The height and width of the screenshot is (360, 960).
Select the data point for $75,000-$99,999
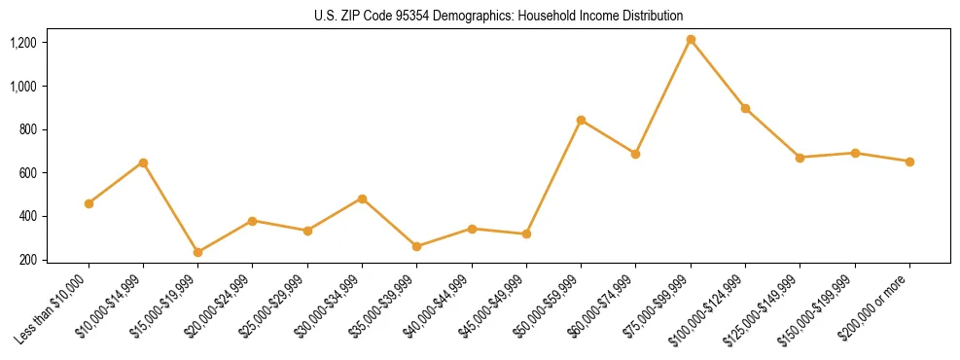pos(691,40)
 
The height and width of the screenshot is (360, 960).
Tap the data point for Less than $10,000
pos(89,203)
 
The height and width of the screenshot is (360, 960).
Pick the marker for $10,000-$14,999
pos(143,162)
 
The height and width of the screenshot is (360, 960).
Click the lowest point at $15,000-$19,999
pos(197,252)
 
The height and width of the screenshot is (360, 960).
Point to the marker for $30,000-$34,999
pos(362,198)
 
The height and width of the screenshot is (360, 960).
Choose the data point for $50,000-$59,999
pos(581,120)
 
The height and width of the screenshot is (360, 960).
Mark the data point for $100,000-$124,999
pos(745,108)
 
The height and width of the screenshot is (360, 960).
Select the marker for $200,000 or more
pos(909,162)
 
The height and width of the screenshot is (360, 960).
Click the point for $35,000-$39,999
pos(416,246)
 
